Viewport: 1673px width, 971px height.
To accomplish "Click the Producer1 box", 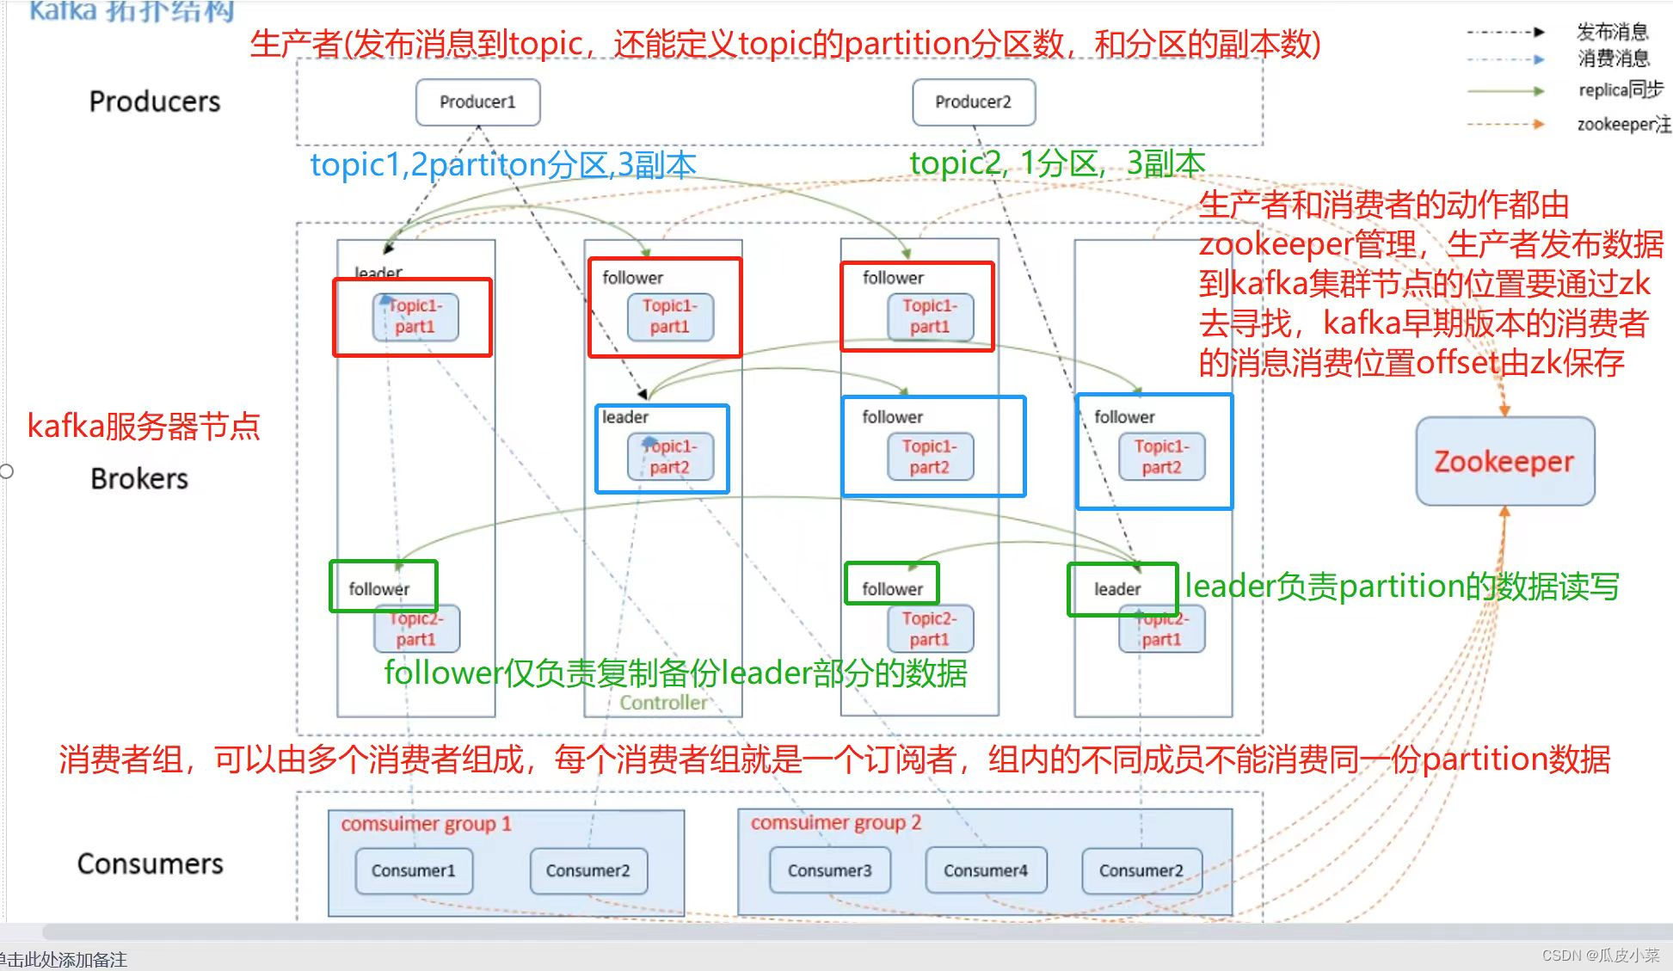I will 477,102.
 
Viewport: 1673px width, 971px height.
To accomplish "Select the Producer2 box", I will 973,102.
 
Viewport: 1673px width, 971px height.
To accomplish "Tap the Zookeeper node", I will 1504,462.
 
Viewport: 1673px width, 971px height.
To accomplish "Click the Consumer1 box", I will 413,870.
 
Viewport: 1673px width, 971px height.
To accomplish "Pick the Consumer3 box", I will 829,870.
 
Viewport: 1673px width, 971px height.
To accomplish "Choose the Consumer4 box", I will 985,870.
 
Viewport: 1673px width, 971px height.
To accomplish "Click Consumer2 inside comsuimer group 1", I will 587,870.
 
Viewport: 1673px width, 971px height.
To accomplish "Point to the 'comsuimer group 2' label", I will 835,823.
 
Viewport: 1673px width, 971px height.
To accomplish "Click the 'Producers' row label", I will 155,101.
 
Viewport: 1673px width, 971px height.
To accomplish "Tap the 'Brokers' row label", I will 139,478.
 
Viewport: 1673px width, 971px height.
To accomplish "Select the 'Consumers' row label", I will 150,863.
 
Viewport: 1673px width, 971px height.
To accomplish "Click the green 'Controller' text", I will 663,703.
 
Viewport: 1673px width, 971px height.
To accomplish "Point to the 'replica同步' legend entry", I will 1621,90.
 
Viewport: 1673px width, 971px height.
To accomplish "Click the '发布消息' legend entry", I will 1612,33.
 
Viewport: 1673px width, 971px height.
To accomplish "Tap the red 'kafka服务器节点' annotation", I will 144,426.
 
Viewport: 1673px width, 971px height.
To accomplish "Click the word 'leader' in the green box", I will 1117,589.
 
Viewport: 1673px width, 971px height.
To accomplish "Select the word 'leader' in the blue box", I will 625,417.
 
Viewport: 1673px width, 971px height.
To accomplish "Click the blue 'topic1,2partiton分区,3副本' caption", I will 502,164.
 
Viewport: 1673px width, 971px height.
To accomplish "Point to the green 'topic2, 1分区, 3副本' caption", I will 1057,163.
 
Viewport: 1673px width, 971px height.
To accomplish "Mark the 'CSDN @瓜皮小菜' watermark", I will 1600,956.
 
